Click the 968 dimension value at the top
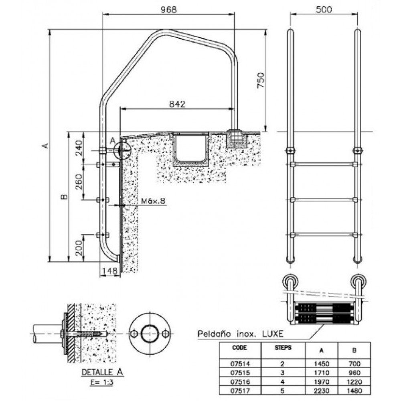coord(168,10)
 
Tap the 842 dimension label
coord(177,104)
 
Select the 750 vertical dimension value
coord(261,80)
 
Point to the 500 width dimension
coord(324,10)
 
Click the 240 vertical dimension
coord(79,148)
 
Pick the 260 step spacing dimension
coord(79,182)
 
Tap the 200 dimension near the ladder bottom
coord(79,248)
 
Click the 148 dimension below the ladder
coord(109,271)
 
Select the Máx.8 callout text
coord(153,201)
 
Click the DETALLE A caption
coord(102,372)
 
